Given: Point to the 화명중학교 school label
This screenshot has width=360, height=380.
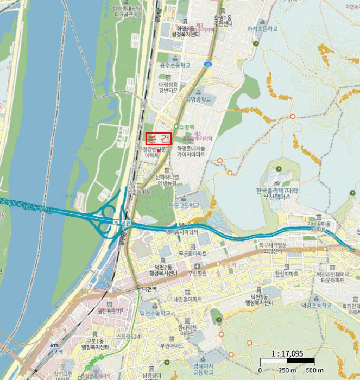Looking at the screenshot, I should coord(198,100).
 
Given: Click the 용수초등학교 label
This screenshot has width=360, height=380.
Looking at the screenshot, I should coord(175,65).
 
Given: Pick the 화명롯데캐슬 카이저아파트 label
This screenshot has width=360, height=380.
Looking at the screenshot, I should coord(191,151).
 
